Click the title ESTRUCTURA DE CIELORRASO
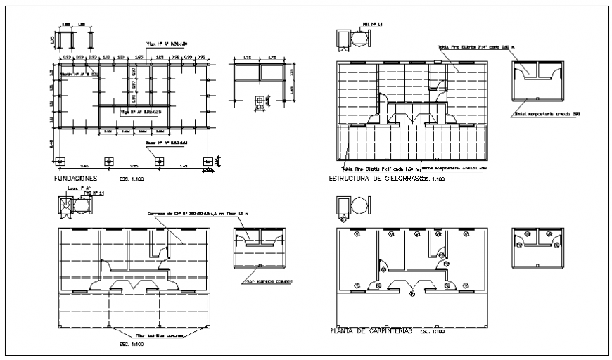click(374, 179)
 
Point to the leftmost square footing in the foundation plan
click(60, 160)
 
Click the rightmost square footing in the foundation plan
click(207, 160)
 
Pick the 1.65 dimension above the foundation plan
click(139, 56)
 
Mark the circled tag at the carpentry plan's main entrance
click(412, 294)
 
